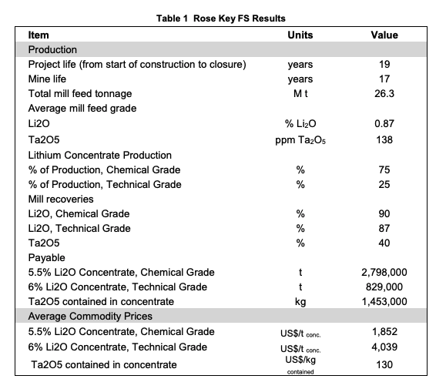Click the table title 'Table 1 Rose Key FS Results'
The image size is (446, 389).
pos(221,18)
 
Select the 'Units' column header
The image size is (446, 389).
pos(300,35)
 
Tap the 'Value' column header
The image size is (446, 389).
pos(384,35)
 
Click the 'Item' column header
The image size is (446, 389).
pos(39,35)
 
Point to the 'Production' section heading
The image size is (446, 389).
pos(52,50)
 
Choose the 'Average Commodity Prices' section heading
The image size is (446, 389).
pos(90,316)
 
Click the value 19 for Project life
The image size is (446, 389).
pos(384,64)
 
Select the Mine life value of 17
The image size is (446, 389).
pos(384,79)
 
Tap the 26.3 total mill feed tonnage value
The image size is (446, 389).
pos(384,93)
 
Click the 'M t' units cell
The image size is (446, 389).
pos(300,93)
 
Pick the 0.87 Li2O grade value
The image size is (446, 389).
pos(384,124)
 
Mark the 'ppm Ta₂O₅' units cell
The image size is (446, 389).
pos(300,140)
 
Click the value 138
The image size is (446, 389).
pos(384,140)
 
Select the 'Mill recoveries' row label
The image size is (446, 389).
pos(61,199)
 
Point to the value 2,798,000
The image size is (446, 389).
pos(384,273)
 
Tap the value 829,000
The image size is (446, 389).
pos(384,287)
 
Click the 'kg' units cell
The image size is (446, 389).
pos(300,302)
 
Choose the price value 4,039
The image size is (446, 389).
pos(384,347)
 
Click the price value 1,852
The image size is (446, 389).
pos(384,331)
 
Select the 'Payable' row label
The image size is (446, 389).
pos(47,258)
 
